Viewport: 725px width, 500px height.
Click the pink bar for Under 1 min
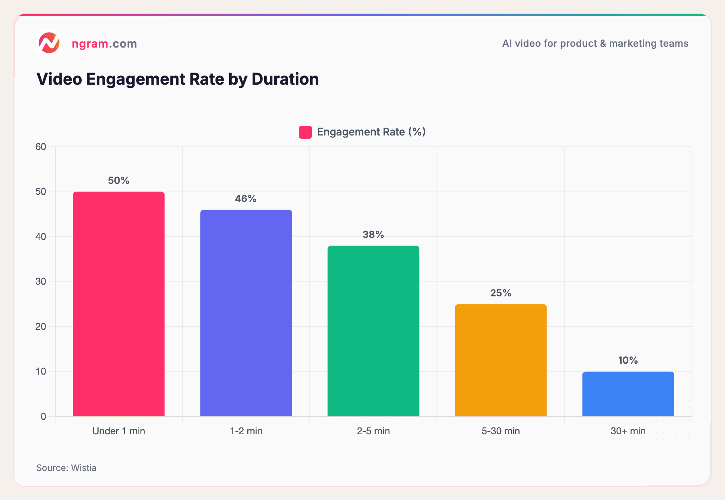pyautogui.click(x=118, y=304)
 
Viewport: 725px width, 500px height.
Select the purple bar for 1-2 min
pyautogui.click(x=246, y=313)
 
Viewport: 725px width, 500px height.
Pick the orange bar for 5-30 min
pyautogui.click(x=501, y=360)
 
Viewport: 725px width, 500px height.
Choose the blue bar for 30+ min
pyautogui.click(x=628, y=394)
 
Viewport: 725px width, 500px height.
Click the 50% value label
pyautogui.click(x=118, y=181)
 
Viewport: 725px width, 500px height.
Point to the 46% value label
pyautogui.click(x=246, y=199)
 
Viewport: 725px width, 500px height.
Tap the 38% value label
pyautogui.click(x=373, y=235)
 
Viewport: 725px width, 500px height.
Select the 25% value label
pyautogui.click(x=501, y=293)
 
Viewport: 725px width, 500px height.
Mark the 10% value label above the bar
pyautogui.click(x=628, y=360)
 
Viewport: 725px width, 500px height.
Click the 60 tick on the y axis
pyautogui.click(x=41, y=147)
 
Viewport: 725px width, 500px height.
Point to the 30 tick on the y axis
pyautogui.click(x=41, y=281)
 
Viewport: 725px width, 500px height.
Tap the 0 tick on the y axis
pyautogui.click(x=43, y=417)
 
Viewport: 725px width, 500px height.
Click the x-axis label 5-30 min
pyautogui.click(x=501, y=431)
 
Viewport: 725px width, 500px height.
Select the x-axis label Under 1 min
pyautogui.click(x=118, y=431)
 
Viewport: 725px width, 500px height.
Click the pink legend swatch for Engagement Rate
pyautogui.click(x=305, y=132)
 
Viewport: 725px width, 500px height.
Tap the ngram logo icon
pyautogui.click(x=49, y=43)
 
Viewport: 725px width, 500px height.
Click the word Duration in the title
pyautogui.click(x=285, y=79)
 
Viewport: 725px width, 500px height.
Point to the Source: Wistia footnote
pyautogui.click(x=66, y=468)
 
